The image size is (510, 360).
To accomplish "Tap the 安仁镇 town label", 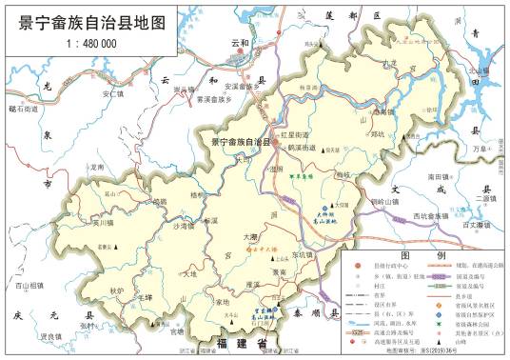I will coord(113,94).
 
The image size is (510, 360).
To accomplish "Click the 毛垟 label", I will coord(146,298).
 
